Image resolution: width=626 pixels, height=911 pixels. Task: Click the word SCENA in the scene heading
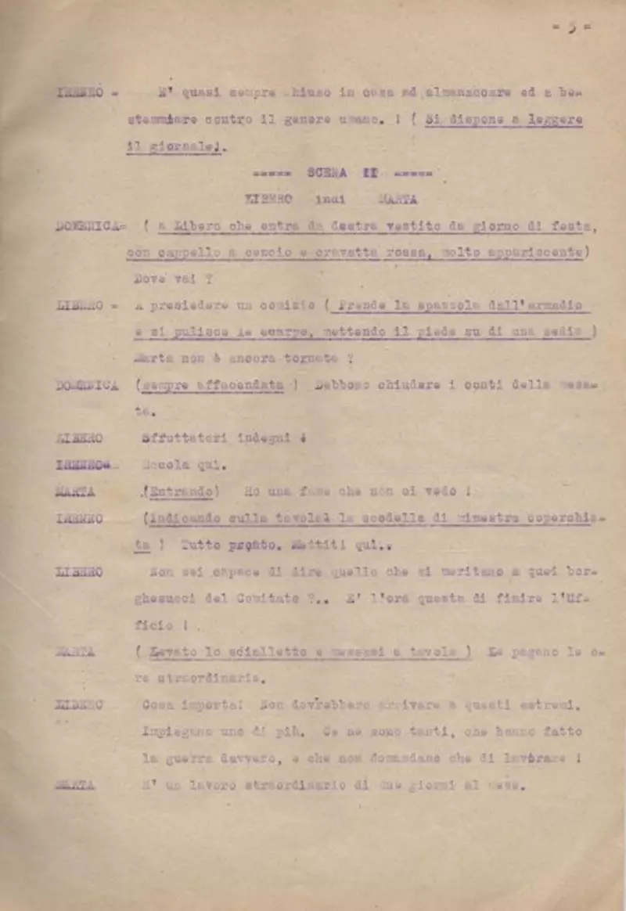click(327, 174)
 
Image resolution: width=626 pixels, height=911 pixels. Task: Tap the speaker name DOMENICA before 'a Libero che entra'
click(87, 227)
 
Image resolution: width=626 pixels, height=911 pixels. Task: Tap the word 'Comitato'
click(276, 599)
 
